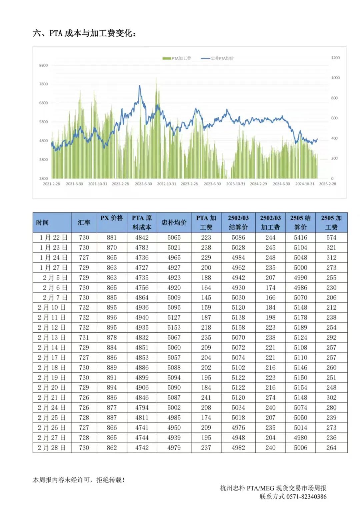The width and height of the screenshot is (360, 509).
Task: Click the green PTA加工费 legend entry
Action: coord(177,58)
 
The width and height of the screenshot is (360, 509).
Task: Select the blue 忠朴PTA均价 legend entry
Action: coord(217,58)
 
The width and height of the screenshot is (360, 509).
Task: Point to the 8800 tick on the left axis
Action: coord(44,65)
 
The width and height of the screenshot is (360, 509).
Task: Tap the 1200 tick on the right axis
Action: coord(335,58)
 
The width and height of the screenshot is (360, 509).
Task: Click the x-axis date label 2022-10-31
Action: coord(167,184)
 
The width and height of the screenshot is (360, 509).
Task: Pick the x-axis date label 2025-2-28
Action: coord(327,184)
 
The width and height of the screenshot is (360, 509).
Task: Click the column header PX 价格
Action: coord(112,218)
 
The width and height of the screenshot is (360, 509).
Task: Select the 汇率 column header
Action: coord(84,222)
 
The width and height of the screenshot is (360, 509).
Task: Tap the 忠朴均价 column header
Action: coord(174,222)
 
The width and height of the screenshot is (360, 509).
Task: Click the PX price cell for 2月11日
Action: coord(112,318)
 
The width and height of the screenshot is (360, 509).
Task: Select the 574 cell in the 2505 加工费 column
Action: coord(331,237)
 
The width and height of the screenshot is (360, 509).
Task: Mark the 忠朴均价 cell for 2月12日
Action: coord(174,328)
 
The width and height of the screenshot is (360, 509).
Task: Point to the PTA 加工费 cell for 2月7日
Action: coord(206,298)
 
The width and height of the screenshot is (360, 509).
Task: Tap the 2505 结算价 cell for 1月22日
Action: coord(300,237)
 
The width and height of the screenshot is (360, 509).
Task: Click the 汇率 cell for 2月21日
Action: coord(84,398)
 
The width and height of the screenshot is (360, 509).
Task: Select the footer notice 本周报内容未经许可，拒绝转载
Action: coord(79,480)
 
